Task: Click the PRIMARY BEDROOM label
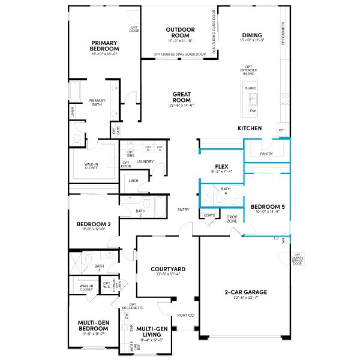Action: point(104,46)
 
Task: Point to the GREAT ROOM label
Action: point(182,97)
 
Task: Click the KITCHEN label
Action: point(250,128)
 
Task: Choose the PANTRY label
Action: point(266,154)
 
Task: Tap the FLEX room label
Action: point(221,166)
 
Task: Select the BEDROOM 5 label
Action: point(263,206)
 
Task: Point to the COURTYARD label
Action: point(167,269)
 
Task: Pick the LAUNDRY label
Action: point(145,161)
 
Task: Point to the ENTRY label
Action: point(184,209)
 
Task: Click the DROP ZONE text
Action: point(232,218)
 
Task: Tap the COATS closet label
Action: point(209,215)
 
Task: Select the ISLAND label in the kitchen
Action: point(250,88)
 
